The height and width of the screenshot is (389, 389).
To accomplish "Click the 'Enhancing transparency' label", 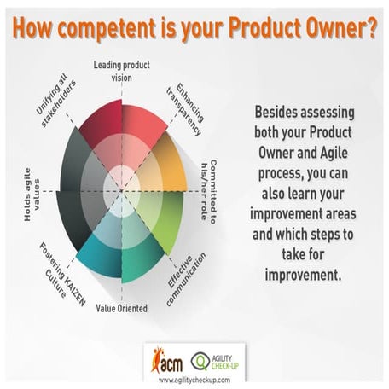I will point(189,106).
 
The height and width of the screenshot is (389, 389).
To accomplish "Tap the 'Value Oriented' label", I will point(122,307).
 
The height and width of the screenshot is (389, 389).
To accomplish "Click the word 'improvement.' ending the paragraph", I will point(305,275).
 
